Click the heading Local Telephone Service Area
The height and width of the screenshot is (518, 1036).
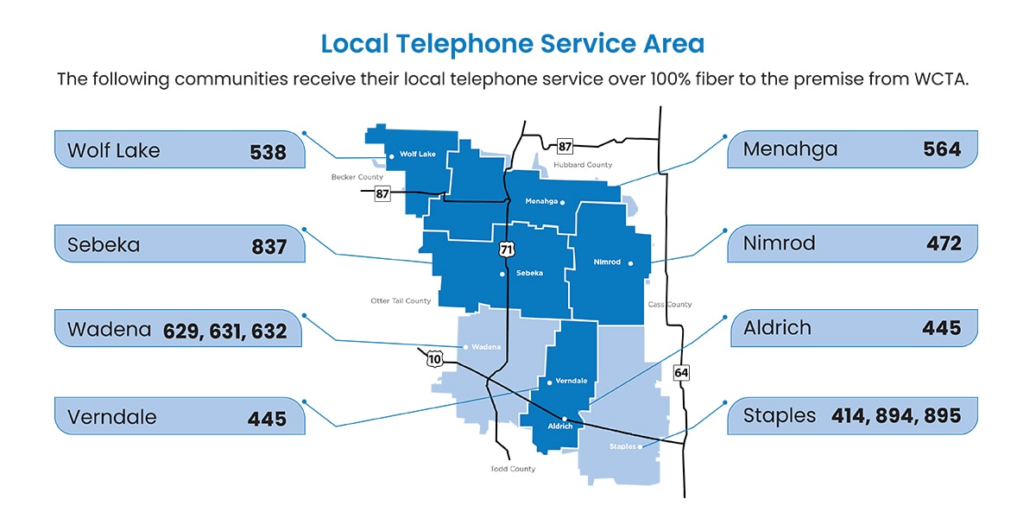(x=512, y=44)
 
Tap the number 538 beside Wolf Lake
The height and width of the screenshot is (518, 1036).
(x=268, y=151)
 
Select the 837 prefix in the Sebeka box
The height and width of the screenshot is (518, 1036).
(x=268, y=246)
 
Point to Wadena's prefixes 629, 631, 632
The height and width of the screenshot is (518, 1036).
(x=224, y=331)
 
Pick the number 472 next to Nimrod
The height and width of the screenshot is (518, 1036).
(x=944, y=244)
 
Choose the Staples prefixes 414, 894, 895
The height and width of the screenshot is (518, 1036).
(x=896, y=416)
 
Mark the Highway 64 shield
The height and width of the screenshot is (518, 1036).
(x=681, y=372)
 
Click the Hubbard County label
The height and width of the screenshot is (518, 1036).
(x=583, y=165)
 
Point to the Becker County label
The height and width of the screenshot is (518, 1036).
(x=357, y=177)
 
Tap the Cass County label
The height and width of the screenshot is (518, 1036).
(x=669, y=305)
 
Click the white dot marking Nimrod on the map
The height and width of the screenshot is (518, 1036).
(x=631, y=263)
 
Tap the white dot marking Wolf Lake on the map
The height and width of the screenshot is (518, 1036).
(x=392, y=156)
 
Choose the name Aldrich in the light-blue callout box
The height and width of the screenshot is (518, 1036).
(x=777, y=328)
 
